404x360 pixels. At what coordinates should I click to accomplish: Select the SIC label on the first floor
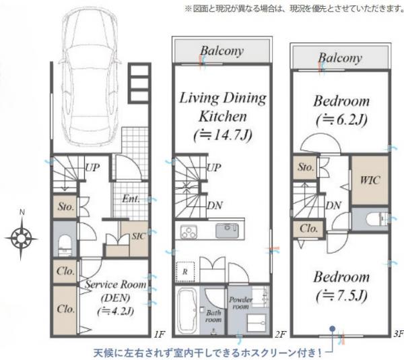(139, 236)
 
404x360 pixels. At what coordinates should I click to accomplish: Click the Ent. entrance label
(131, 199)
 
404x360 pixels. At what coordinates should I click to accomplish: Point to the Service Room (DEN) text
(115, 291)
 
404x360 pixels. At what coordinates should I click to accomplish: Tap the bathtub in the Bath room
(188, 310)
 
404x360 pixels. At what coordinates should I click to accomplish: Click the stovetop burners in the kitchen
(189, 232)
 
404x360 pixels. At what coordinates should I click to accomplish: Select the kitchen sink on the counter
(227, 231)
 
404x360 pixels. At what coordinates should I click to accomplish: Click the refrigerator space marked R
(185, 272)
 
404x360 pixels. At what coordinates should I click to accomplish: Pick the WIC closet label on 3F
(370, 180)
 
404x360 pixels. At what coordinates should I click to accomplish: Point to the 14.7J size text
(223, 135)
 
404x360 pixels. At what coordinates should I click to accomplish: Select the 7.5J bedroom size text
(341, 295)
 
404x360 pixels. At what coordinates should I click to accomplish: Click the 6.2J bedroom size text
(341, 119)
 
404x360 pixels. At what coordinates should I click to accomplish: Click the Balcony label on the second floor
(222, 51)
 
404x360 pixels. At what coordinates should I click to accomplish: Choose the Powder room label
(241, 303)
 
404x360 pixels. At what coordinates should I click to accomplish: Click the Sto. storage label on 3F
(306, 167)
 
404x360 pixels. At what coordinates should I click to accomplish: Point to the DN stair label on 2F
(215, 206)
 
